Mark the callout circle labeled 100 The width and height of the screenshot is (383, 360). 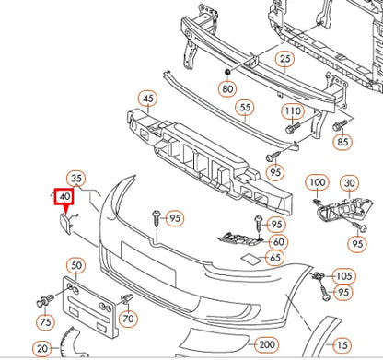pos(318,183)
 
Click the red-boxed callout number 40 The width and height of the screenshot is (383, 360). pos(64,196)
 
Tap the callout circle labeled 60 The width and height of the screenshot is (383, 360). pos(277,242)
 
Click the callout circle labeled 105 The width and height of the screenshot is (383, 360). pos(343,275)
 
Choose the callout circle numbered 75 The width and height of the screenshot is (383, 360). pos(45,322)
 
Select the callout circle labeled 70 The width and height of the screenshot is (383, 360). pos(128,319)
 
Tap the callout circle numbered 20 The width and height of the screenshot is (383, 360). pos(42,349)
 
